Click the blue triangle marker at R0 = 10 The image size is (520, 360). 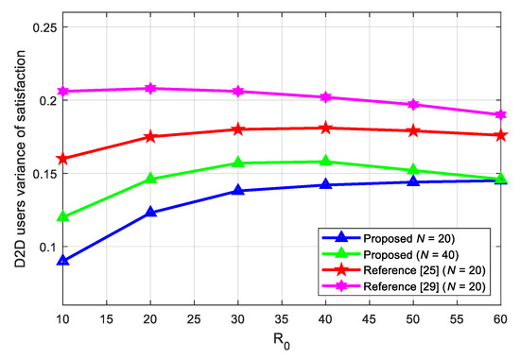[64, 260]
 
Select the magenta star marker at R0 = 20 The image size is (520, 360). [152, 88]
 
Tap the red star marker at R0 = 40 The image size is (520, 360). [326, 128]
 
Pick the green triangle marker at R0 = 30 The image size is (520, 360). [239, 163]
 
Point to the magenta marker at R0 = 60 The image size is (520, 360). [500, 114]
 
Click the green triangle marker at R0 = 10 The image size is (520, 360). [64, 216]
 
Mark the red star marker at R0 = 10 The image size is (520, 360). [64, 159]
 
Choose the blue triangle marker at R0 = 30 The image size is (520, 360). [239, 190]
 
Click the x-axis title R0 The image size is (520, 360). [283, 344]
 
